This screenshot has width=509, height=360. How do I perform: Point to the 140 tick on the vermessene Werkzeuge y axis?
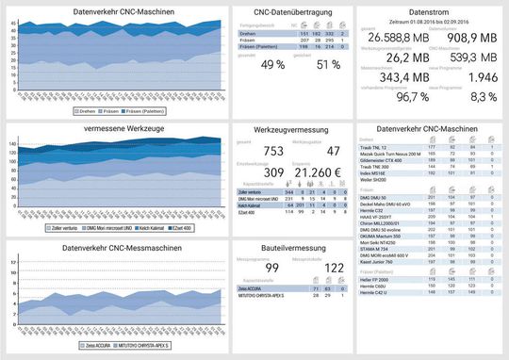pos(14,142)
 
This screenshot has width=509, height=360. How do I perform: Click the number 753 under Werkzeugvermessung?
pos(273,150)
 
